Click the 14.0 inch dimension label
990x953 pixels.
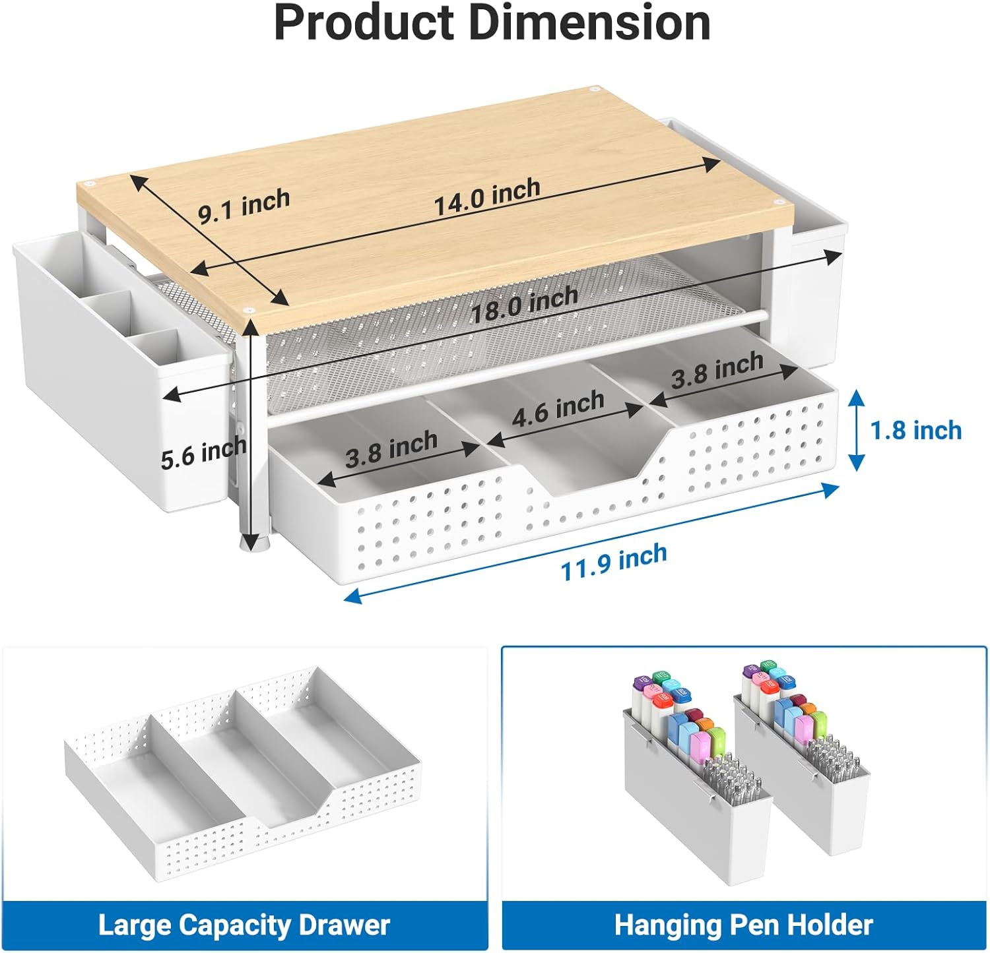point(487,197)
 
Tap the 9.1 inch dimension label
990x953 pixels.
point(244,204)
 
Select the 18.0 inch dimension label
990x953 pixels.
point(525,305)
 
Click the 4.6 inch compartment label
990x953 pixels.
point(558,408)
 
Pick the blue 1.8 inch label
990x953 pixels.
point(915,431)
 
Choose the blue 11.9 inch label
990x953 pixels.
point(614,562)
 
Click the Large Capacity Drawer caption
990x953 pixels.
point(244,925)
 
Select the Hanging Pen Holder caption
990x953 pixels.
point(744,925)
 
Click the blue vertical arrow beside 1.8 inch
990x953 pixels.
point(856,430)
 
